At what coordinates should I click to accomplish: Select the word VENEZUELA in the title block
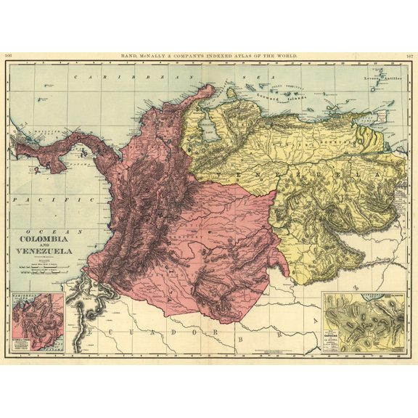(44, 252)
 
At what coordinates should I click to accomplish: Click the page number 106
(8, 55)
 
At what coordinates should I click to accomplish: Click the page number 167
(409, 55)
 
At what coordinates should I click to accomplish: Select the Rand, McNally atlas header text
(208, 55)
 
